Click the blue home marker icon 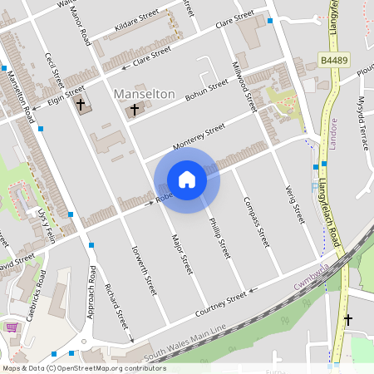(x=187, y=180)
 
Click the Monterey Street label (x=199, y=137)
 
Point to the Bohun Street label (x=206, y=91)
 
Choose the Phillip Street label (x=219, y=238)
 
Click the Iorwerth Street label (x=144, y=269)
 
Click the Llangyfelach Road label (x=334, y=187)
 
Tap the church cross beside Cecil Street (x=81, y=105)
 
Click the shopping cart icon (x=12, y=327)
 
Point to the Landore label (x=332, y=132)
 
